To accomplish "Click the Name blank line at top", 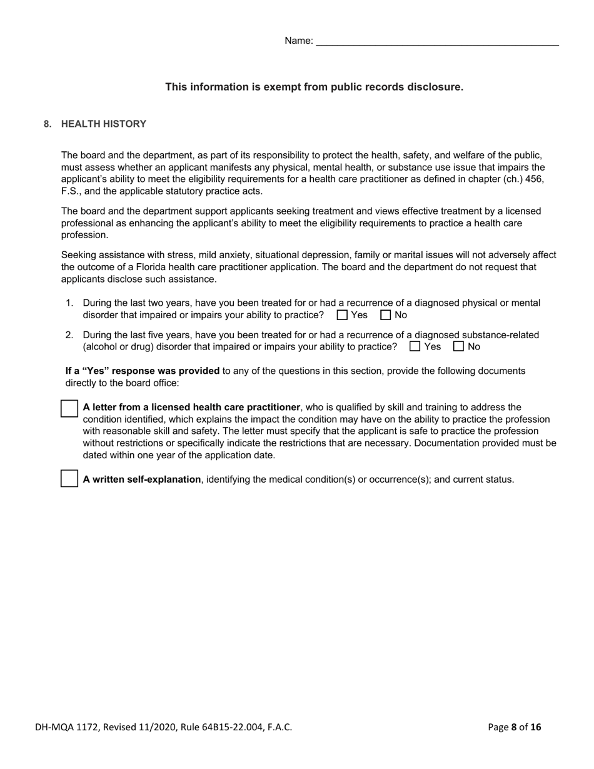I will pyautogui.click(x=437, y=42).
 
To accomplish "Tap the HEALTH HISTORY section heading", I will pyautogui.click(x=103, y=124).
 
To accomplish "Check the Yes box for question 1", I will pyautogui.click(x=342, y=315).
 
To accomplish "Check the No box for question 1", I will pyautogui.click(x=386, y=315).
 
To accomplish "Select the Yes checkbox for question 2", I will pyautogui.click(x=415, y=346).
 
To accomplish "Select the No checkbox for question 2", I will pyautogui.click(x=458, y=346).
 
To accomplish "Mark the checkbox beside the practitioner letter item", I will pyautogui.click(x=69, y=409).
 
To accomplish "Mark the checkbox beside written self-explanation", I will pyautogui.click(x=69, y=479).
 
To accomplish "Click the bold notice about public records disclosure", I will pyautogui.click(x=314, y=87).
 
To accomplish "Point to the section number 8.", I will pyautogui.click(x=48, y=124).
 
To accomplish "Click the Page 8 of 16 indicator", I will pyautogui.click(x=514, y=726).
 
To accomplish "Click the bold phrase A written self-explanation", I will pyautogui.click(x=142, y=480).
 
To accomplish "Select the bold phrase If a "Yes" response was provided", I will pyautogui.click(x=143, y=371).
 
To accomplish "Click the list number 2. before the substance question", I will pyautogui.click(x=69, y=335).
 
